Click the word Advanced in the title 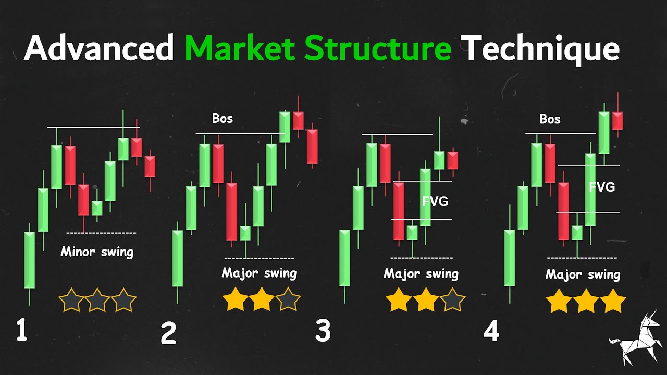point(98,49)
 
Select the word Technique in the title point(542,49)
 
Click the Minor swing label point(97,252)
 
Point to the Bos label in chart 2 point(223,118)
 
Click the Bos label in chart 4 point(550,119)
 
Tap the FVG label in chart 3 point(435,201)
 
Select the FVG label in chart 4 point(602,187)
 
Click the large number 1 point(21,331)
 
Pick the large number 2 point(168,334)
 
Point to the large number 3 point(323,331)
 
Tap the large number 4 point(491,332)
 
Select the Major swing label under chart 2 point(259,273)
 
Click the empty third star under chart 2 point(288,300)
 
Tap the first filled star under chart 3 point(399,302)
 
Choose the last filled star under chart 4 point(613,302)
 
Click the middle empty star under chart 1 point(97,301)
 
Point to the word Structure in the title point(378,49)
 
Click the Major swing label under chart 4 point(583,274)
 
